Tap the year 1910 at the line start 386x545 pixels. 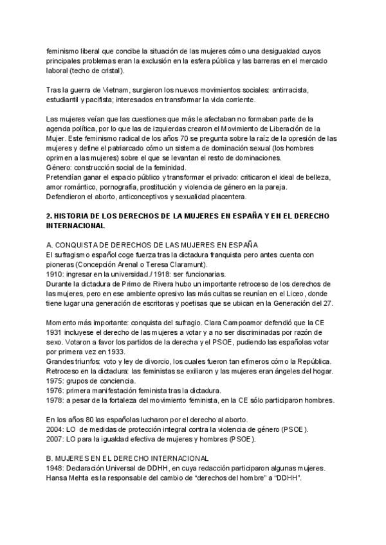tap(55, 273)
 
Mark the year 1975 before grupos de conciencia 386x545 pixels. tap(55, 380)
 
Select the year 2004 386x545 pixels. tap(55, 429)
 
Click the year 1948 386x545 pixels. tap(55, 468)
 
